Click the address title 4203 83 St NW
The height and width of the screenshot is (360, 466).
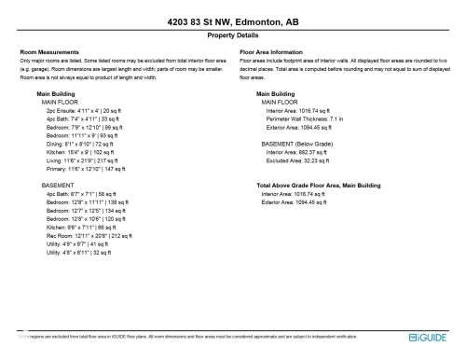[233, 21]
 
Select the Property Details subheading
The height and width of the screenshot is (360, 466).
[233, 35]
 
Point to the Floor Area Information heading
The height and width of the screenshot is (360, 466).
[272, 52]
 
